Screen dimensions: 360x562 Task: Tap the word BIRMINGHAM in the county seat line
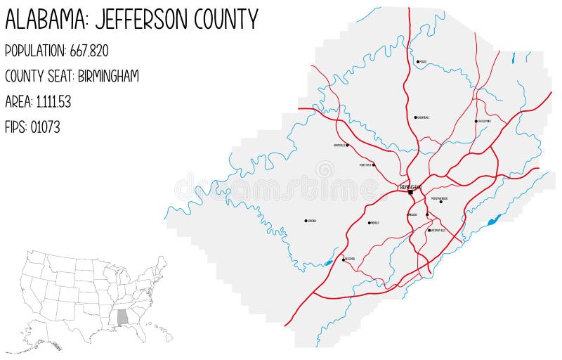[x=106, y=76]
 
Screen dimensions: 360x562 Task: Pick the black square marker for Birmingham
[x=410, y=191]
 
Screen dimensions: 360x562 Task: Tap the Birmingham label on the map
[x=410, y=186]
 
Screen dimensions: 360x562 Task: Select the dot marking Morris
[x=418, y=62]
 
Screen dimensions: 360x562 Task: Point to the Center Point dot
[x=476, y=121]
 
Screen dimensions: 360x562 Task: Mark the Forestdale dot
[x=374, y=165]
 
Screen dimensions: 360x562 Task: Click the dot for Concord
[x=306, y=221]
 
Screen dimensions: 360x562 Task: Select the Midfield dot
[x=370, y=223]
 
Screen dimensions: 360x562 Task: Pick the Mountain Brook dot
[x=441, y=202]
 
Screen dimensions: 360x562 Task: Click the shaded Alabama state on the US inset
[x=124, y=318]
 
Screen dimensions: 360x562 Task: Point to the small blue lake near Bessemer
[x=328, y=264]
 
